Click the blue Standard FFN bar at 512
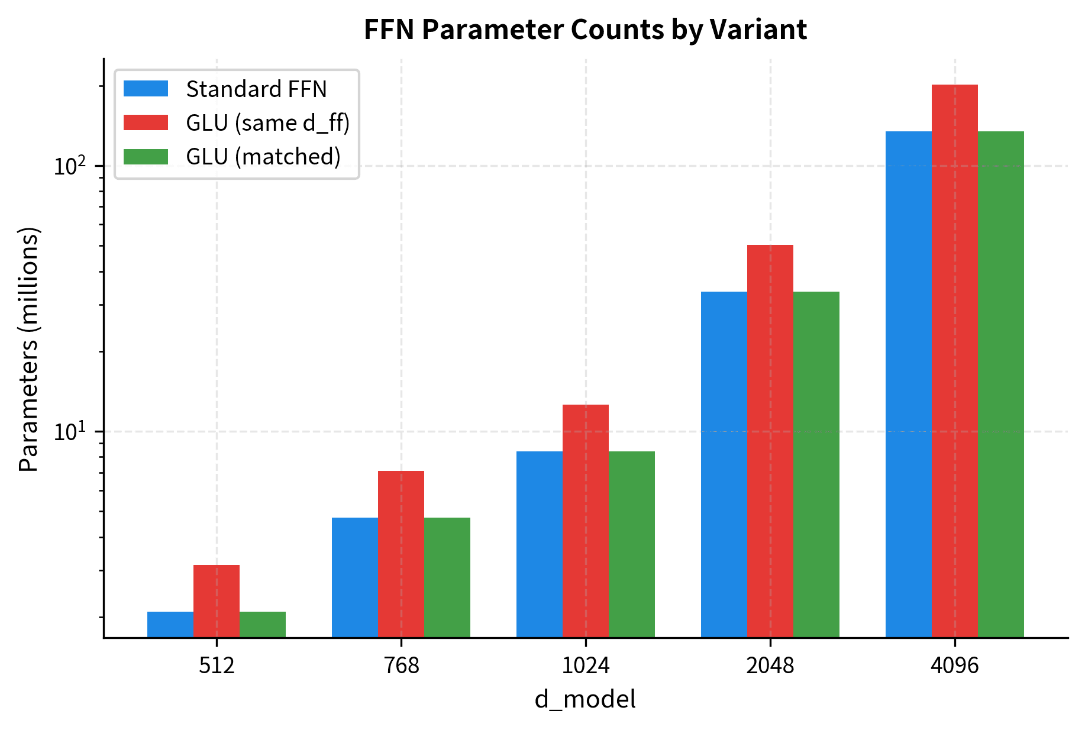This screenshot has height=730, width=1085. (x=170, y=624)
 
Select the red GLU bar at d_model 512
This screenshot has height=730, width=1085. (x=217, y=600)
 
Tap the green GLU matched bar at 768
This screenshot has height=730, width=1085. (x=447, y=577)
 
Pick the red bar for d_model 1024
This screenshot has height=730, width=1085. (x=586, y=521)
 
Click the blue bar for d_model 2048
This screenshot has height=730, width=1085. (x=724, y=464)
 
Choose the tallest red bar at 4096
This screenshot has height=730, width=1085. (x=955, y=361)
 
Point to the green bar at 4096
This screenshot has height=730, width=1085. (x=1001, y=385)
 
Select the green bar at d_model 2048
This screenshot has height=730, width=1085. (x=816, y=464)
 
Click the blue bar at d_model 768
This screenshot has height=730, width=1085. (x=355, y=577)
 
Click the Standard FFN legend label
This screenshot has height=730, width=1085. (x=256, y=89)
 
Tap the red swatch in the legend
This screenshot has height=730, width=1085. (x=146, y=122)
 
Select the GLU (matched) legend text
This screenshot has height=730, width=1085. (x=263, y=157)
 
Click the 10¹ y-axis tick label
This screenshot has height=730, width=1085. (x=70, y=431)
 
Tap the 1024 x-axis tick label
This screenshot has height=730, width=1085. (x=586, y=666)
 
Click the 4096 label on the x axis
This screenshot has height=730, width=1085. (x=955, y=666)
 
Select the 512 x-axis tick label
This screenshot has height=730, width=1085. (x=217, y=666)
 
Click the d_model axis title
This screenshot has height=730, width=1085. (x=586, y=700)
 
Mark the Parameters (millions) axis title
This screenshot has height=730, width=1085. (x=28, y=349)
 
